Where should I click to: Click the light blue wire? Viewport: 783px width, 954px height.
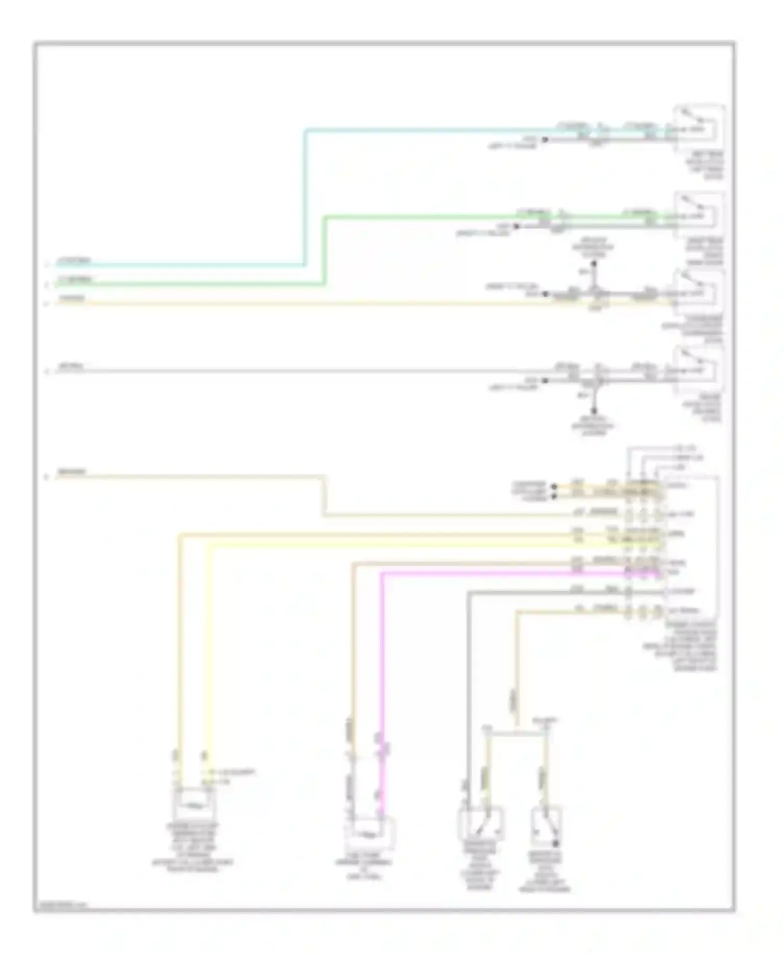[305, 198]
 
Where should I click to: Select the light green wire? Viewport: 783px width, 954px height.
[325, 251]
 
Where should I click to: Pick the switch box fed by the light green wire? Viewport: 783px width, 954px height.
[698, 214]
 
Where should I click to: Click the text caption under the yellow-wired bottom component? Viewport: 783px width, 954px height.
[193, 845]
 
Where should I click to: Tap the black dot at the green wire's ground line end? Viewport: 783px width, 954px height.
[516, 226]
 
